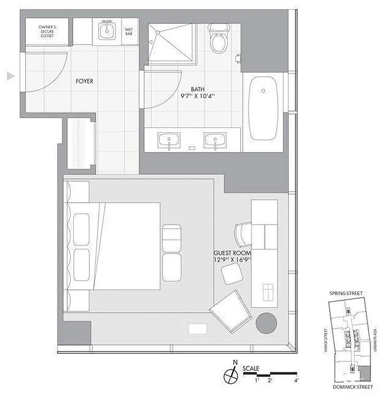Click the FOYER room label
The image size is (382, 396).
85,81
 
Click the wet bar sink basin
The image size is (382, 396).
106,32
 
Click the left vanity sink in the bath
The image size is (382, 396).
170,140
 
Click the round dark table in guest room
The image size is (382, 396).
266,324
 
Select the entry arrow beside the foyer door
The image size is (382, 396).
10,76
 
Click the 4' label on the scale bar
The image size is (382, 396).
296,381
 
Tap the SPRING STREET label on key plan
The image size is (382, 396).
345,294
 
